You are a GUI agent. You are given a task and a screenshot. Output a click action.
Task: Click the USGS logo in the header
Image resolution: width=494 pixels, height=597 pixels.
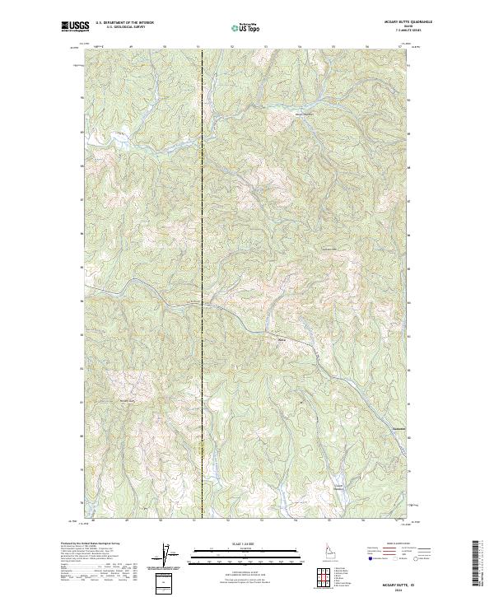tap(73, 26)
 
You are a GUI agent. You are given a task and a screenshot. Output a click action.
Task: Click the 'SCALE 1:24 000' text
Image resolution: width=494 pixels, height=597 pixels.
tap(246, 543)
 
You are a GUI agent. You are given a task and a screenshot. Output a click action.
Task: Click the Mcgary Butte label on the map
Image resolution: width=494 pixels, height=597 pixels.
tap(127, 401)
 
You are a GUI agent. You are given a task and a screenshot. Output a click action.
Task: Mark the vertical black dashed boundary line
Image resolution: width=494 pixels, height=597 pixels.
tap(202, 247)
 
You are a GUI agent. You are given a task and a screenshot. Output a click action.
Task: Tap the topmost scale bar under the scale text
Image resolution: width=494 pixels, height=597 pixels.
tap(246, 548)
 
